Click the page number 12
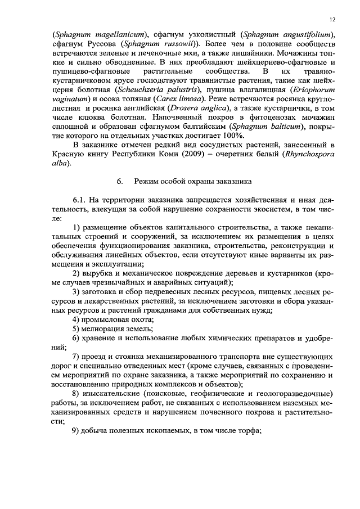click(x=332, y=19)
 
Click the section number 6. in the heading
click(x=120, y=181)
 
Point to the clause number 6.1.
click(x=81, y=200)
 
